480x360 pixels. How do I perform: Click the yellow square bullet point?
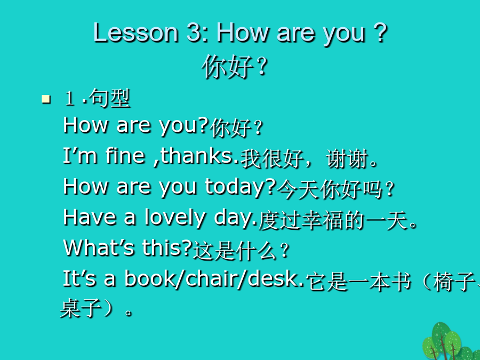(x=46, y=99)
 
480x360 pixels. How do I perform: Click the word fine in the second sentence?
(x=125, y=156)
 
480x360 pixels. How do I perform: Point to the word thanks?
(x=199, y=156)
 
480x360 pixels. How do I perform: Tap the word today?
(x=241, y=187)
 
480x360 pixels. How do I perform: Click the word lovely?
(x=175, y=218)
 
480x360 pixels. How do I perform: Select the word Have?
(x=90, y=218)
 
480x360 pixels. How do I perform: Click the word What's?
(x=99, y=247)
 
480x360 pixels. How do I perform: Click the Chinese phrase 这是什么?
(x=235, y=251)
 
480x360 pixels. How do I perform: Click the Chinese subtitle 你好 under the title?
(x=227, y=67)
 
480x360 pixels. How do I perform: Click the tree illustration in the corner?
(x=450, y=341)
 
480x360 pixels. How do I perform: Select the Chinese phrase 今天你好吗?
(x=330, y=189)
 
